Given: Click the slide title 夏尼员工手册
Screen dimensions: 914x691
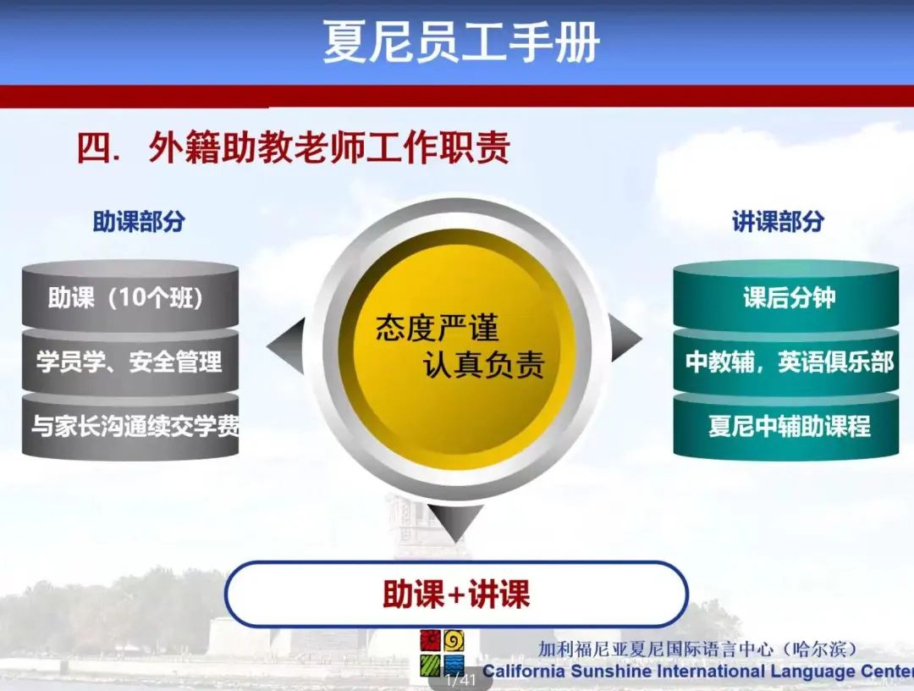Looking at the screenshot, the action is tap(461, 41).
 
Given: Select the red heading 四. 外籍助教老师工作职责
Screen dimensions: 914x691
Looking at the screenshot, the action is tap(294, 147).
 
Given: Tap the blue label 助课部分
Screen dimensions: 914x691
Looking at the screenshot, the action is tap(139, 222).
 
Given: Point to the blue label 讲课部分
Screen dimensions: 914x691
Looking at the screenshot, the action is tap(778, 222).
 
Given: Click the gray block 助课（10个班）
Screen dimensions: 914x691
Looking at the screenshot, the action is tap(130, 297).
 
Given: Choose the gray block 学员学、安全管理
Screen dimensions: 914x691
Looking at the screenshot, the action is tap(130, 362).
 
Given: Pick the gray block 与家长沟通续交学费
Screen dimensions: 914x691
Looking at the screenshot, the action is tap(130, 426).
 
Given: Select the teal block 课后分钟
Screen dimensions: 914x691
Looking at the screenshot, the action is tap(785, 297).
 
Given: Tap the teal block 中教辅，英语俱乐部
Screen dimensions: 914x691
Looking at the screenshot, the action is tap(785, 362).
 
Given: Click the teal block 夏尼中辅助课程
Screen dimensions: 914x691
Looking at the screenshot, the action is tap(785, 426).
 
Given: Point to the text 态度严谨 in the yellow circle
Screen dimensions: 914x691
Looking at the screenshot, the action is tap(438, 328).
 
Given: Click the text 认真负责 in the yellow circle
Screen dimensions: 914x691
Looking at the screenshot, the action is tap(484, 364).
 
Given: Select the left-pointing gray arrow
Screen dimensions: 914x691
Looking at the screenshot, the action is tap(286, 346).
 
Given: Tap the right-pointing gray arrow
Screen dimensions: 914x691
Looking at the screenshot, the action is tap(625, 338).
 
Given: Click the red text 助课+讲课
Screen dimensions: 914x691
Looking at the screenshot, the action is tap(456, 594).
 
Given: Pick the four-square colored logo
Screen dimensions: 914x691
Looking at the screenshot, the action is tap(442, 653).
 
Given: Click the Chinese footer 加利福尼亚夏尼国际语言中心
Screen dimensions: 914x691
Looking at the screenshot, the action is tap(655, 649).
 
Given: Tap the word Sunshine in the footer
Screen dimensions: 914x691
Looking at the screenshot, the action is tap(609, 672).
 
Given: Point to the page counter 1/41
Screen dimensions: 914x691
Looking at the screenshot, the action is tap(460, 679).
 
